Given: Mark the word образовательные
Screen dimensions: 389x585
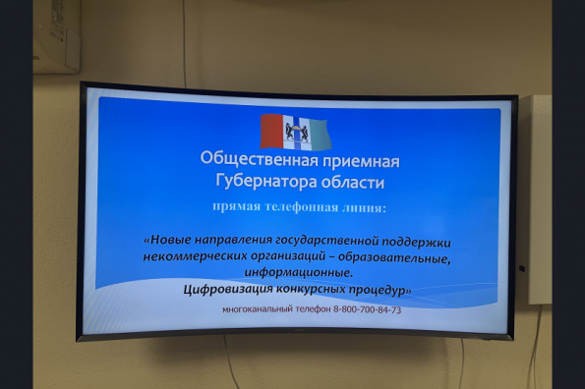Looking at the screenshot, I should pos(402,257).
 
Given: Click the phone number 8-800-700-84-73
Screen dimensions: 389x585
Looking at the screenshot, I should pos(368,311).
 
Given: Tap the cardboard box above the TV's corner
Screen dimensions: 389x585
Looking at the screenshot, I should pos(57,34).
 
